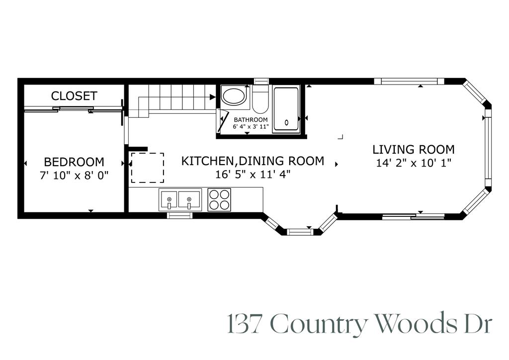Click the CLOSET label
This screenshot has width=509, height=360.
pos(74,96)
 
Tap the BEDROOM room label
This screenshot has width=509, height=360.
pos(74,162)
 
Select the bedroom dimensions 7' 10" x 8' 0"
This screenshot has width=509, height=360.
pos(74,175)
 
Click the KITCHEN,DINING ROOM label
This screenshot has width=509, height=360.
pos(253,161)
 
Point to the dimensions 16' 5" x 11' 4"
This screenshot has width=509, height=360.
pos(253,175)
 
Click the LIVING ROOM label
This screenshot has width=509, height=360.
pos(414,149)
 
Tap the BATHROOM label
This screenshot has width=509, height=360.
pos(251,120)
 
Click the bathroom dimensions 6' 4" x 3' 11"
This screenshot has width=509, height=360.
pos(251,127)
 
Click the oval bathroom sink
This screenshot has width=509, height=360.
pos(234,96)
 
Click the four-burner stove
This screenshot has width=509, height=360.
pos(219,199)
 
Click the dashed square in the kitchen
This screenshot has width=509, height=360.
pos(147,168)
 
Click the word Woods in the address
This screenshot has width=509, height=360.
pos(416,324)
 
